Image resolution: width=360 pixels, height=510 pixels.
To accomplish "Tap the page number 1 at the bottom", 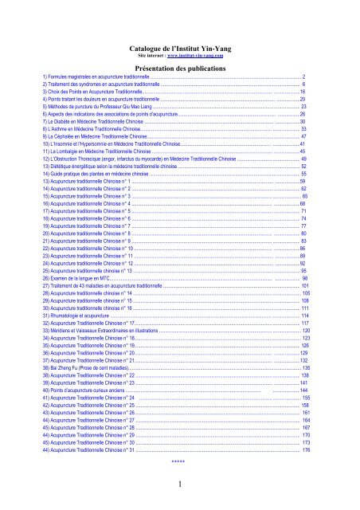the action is coord(180,483).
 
